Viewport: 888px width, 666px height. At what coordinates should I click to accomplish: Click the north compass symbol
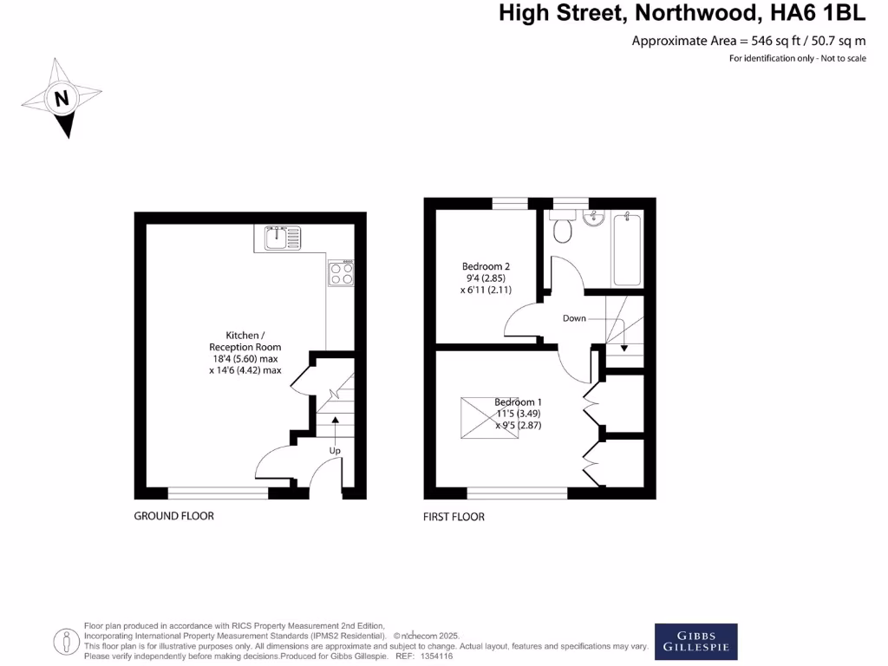pyautogui.click(x=62, y=98)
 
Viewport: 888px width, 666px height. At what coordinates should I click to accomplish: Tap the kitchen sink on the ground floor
pyautogui.click(x=282, y=235)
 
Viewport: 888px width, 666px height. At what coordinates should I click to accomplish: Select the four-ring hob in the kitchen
pyautogui.click(x=341, y=273)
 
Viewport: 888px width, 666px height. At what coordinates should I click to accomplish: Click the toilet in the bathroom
pyautogui.click(x=563, y=228)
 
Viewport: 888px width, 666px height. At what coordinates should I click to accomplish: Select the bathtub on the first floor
pyautogui.click(x=626, y=248)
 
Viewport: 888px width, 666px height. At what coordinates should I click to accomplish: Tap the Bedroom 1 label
pyautogui.click(x=518, y=402)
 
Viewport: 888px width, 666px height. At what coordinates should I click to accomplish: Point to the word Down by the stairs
pyautogui.click(x=574, y=318)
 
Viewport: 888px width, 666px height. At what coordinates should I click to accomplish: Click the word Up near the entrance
pyautogui.click(x=335, y=451)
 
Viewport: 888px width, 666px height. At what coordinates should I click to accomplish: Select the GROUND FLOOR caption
pyautogui.click(x=173, y=516)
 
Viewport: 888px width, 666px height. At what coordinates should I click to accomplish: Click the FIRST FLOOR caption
pyautogui.click(x=454, y=517)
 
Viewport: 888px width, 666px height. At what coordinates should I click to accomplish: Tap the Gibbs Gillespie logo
pyautogui.click(x=695, y=641)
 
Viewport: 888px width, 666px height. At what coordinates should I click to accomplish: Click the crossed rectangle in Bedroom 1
pyautogui.click(x=491, y=421)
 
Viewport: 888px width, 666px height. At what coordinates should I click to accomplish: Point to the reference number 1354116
pyautogui.click(x=435, y=656)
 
